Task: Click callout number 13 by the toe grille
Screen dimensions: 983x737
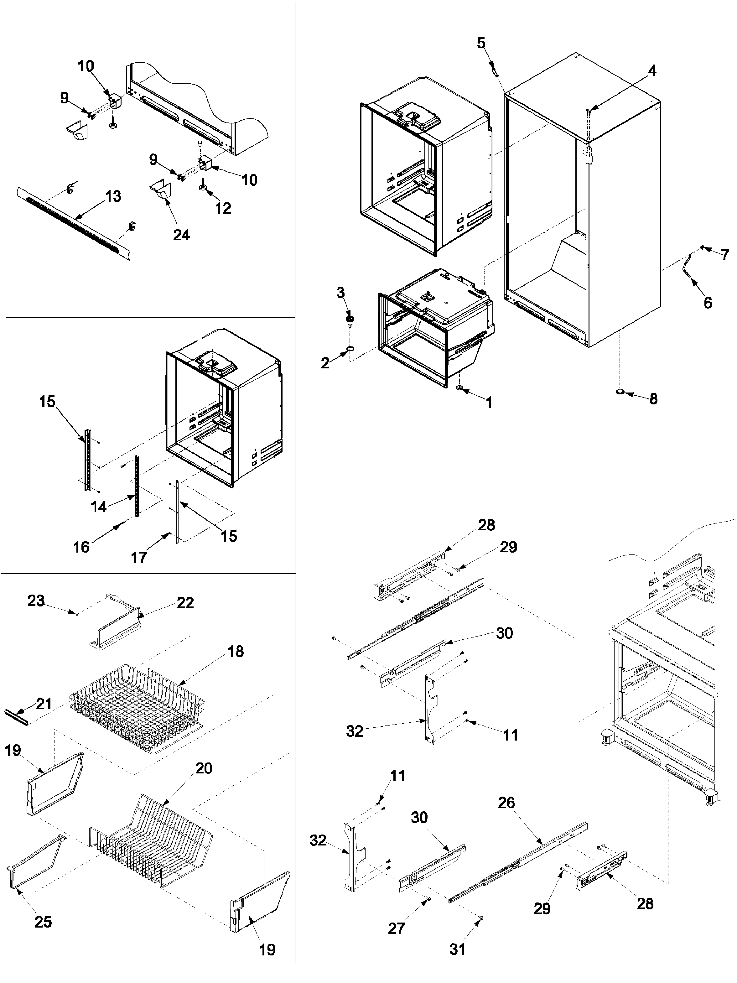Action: pos(113,196)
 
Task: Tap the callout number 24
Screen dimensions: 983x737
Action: pos(181,235)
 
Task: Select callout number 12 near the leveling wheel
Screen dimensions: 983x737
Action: pos(223,208)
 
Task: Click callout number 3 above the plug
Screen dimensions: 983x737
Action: pos(341,293)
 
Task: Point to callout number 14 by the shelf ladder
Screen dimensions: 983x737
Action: pos(99,507)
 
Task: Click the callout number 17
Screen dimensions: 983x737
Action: pos(139,557)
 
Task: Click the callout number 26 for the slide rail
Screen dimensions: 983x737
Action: pos(506,803)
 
